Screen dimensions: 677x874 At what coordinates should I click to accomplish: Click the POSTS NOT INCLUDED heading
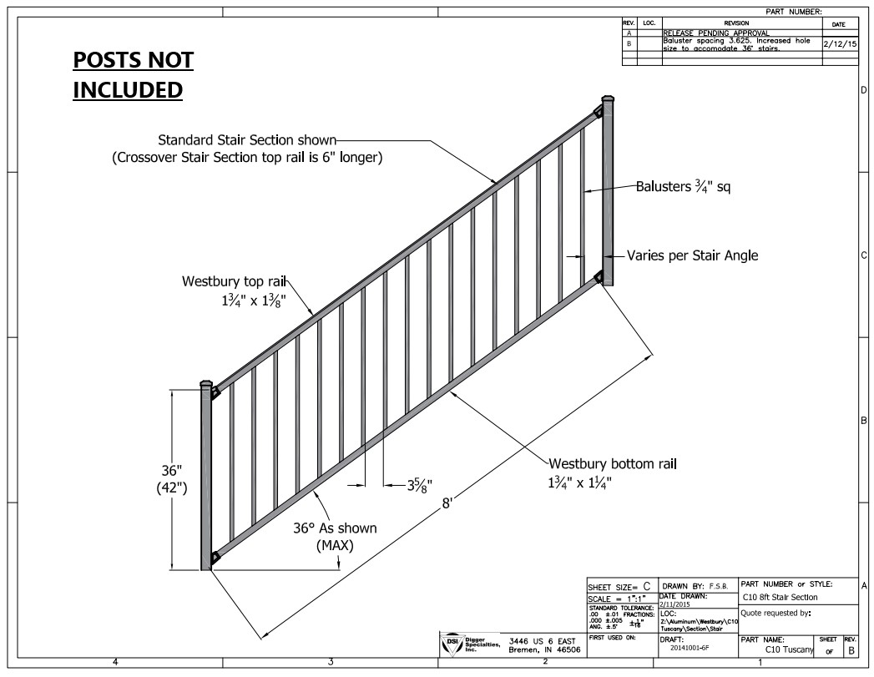click(x=133, y=74)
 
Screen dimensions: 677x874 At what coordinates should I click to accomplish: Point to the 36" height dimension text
click(x=172, y=472)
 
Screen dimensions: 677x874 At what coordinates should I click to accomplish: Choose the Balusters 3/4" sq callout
click(x=683, y=187)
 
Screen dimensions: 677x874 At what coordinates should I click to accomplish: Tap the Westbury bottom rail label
click(x=613, y=463)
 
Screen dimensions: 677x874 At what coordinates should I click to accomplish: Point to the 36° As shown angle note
click(x=334, y=528)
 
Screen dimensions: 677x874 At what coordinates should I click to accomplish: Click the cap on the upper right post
click(x=608, y=99)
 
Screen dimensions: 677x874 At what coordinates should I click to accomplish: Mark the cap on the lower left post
click(x=205, y=385)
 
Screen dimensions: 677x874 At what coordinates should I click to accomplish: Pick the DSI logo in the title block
click(x=451, y=641)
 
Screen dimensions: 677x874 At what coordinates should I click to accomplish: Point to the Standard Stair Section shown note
click(x=247, y=139)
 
